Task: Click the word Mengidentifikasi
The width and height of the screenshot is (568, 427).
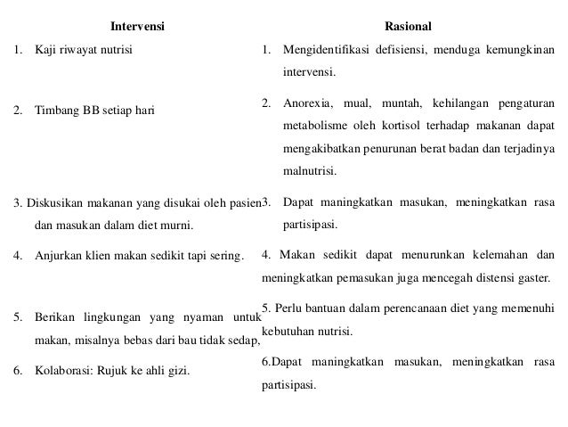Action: pyautogui.click(x=328, y=48)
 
